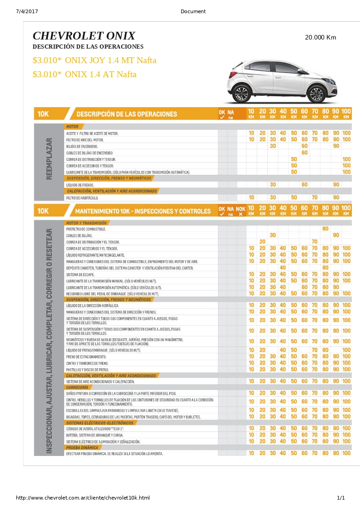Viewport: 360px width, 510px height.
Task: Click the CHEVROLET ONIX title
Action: (84, 36)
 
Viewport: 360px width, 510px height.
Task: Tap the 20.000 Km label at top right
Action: (321, 37)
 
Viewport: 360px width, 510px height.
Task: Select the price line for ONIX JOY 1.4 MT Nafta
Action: (94, 60)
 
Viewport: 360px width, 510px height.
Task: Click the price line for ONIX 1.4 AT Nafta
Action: (84, 74)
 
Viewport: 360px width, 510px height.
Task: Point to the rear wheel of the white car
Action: (241, 93)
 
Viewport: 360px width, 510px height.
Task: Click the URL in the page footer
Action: (83, 498)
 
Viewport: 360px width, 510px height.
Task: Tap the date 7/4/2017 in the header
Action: (27, 11)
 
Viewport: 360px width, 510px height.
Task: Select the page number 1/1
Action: (340, 498)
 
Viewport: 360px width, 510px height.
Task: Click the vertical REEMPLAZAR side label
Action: (49, 159)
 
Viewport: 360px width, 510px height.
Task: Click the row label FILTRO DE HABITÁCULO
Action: (82, 198)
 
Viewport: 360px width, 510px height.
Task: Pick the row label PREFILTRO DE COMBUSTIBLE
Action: (85, 229)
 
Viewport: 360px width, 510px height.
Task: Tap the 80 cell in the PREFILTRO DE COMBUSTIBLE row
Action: (325, 229)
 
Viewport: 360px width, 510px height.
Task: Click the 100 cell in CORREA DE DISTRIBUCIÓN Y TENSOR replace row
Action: (346, 159)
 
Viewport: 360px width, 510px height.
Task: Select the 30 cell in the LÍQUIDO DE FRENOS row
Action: (273, 185)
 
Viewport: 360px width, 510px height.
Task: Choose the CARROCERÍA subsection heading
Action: (77, 387)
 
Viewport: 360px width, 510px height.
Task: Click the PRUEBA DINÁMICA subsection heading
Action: (82, 447)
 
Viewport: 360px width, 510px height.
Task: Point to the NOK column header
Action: (241, 209)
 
